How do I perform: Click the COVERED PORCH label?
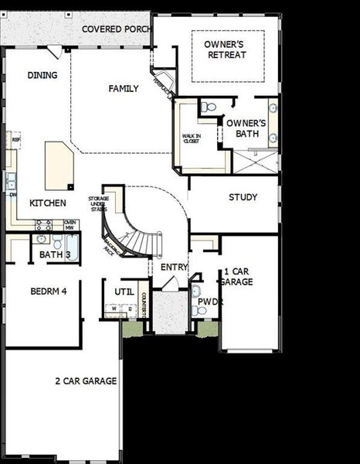tap(115, 29)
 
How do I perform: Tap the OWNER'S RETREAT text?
tap(226, 49)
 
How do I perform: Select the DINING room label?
tap(42, 75)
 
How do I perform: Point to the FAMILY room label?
tap(124, 89)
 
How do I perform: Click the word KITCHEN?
tap(47, 203)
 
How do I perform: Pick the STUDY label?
tap(243, 197)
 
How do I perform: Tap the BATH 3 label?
tap(55, 254)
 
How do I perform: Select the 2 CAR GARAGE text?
tap(86, 380)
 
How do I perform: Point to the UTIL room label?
tap(124, 292)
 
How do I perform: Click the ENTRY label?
tap(174, 267)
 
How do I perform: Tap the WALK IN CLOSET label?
tap(192, 139)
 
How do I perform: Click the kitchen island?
tap(59, 165)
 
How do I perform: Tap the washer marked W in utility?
tap(114, 309)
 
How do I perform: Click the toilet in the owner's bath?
tap(209, 107)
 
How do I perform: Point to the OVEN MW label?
tap(69, 224)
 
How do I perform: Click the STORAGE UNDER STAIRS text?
tap(97, 203)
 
